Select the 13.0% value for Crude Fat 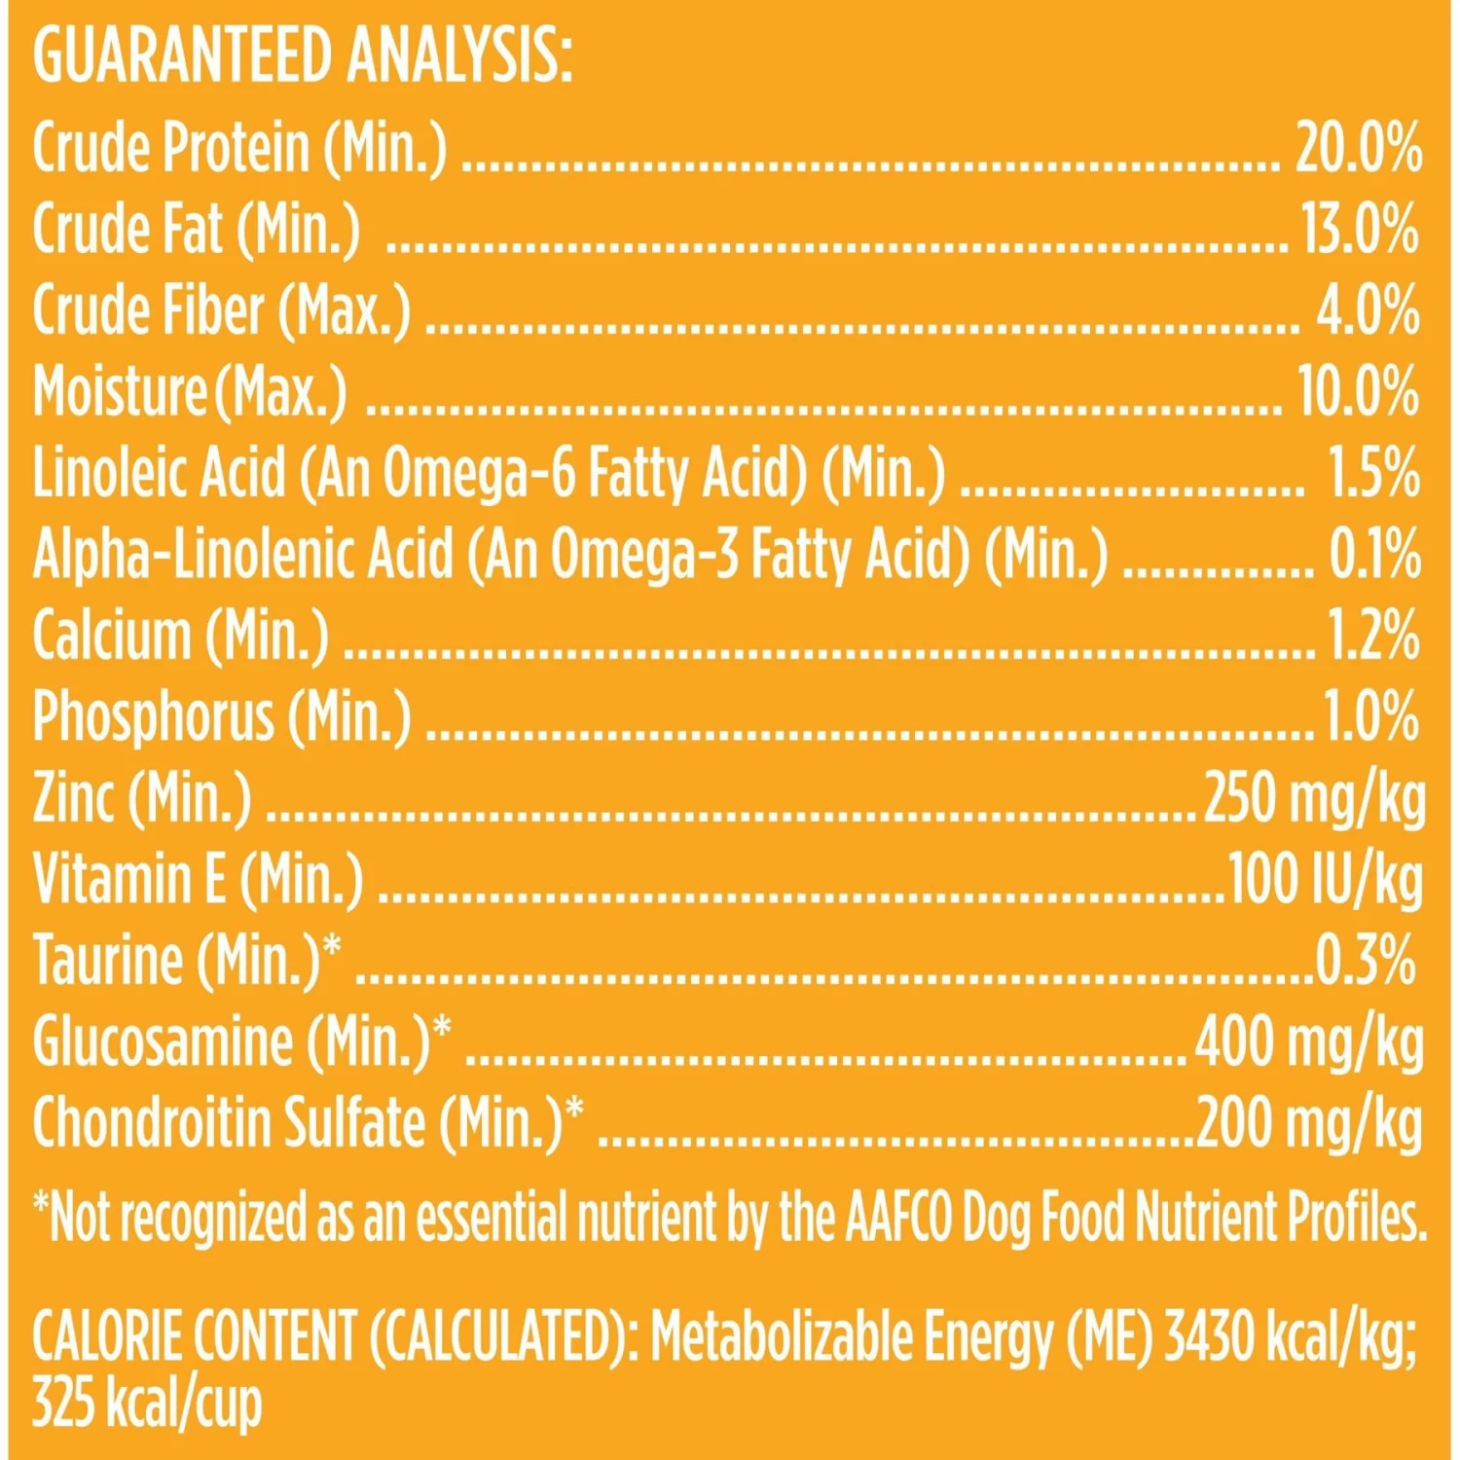click(1360, 230)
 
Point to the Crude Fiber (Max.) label click(221, 311)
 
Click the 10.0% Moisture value click(1358, 392)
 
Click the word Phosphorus click(153, 717)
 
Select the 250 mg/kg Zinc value click(1314, 798)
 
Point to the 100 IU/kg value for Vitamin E click(1325, 879)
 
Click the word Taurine click(108, 960)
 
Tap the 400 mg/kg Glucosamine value click(1309, 1041)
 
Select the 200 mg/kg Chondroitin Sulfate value click(1309, 1122)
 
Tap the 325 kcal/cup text click(147, 1405)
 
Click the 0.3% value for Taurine click(1365, 960)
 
